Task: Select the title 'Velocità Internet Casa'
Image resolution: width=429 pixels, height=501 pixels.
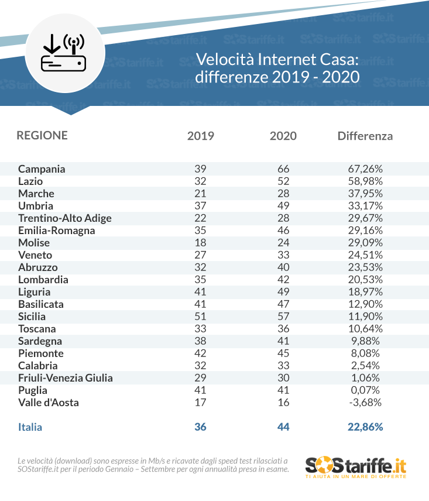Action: click(276, 60)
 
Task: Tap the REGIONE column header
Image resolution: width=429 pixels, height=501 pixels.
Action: click(42, 135)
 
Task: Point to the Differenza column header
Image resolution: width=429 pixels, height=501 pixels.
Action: click(365, 136)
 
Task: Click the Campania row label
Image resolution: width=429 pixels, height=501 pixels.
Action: click(42, 169)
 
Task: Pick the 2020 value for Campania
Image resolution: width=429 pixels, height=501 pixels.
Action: click(283, 169)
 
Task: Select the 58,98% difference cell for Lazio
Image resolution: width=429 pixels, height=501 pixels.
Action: click(365, 181)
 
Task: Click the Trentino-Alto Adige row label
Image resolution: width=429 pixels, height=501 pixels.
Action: click(65, 218)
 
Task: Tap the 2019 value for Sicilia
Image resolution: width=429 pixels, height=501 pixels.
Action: click(200, 317)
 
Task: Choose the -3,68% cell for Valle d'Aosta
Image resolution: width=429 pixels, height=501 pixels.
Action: click(365, 403)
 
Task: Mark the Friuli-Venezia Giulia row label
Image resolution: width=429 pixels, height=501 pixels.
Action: click(66, 378)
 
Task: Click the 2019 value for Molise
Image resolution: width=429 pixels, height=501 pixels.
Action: click(200, 243)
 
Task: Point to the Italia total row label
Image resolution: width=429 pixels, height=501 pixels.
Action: click(30, 427)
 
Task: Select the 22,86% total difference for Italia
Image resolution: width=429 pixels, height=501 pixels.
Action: click(365, 427)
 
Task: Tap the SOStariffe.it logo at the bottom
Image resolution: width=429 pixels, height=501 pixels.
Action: click(355, 466)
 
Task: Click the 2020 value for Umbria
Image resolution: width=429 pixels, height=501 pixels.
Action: click(283, 206)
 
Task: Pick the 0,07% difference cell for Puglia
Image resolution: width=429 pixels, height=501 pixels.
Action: click(365, 390)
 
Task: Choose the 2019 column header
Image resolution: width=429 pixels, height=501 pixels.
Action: click(200, 136)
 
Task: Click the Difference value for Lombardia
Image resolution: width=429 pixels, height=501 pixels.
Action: click(365, 280)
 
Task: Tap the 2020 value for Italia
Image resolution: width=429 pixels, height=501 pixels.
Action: click(283, 427)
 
